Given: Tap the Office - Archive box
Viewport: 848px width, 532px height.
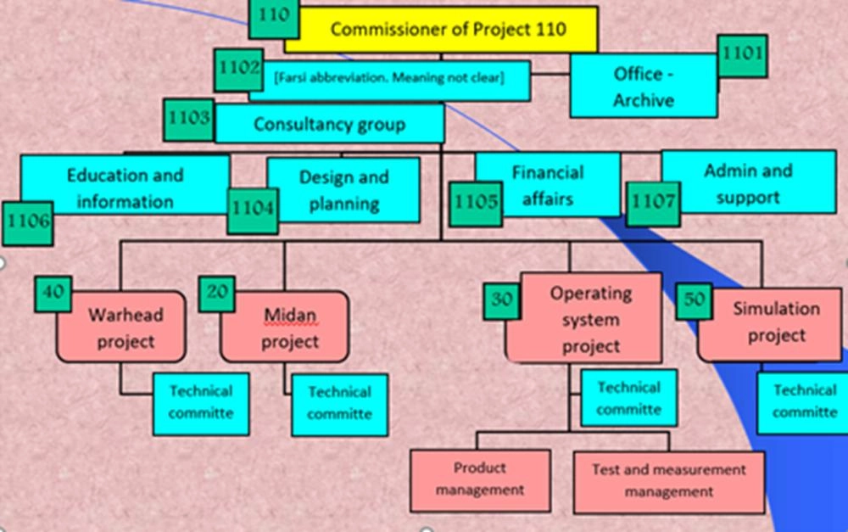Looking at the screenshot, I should [644, 87].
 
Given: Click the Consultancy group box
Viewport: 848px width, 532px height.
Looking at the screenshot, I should [329, 125].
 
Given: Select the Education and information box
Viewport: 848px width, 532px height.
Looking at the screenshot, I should [125, 188].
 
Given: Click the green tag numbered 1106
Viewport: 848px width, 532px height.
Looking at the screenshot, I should [26, 222].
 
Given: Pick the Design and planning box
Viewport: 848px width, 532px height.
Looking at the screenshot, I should [343, 190].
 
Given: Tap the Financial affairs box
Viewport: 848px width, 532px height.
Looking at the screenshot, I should [548, 185].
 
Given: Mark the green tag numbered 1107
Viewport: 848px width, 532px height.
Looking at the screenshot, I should [653, 203].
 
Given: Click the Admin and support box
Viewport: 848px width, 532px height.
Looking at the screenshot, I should [747, 183].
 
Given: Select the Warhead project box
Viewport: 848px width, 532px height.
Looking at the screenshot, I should [126, 328].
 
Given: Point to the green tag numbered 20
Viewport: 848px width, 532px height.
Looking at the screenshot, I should [218, 292].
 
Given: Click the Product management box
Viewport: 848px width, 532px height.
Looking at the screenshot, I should [480, 479].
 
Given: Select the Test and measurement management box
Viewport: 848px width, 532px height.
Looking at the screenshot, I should [668, 480].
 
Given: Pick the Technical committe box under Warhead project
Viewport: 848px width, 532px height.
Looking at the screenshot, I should [200, 402].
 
